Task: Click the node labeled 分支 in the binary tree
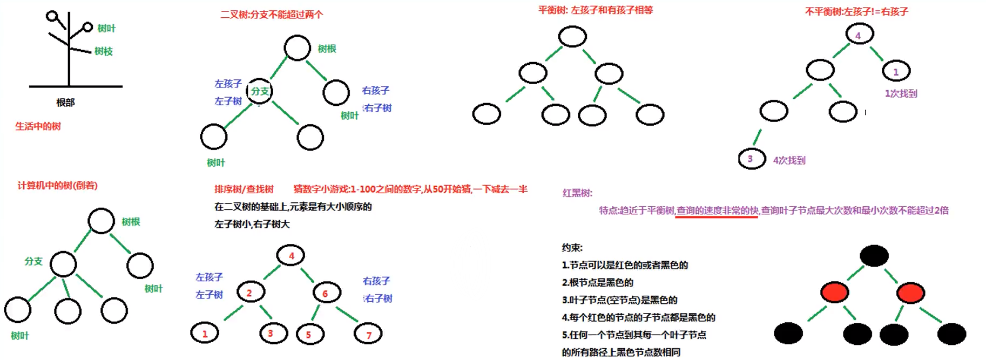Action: (x=260, y=91)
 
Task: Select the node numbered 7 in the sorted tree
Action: (x=368, y=334)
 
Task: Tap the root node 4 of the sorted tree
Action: (x=291, y=255)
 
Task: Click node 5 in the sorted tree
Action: (x=310, y=334)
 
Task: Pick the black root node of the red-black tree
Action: (x=874, y=255)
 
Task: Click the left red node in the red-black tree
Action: (x=834, y=293)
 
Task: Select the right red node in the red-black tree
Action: (x=910, y=293)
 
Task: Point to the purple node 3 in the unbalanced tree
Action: (x=751, y=159)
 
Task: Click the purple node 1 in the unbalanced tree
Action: (x=896, y=71)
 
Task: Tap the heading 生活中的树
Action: (x=38, y=126)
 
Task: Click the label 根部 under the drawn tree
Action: (x=65, y=103)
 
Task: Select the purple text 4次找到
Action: (x=789, y=160)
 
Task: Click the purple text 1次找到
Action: (x=901, y=93)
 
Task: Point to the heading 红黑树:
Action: (x=577, y=193)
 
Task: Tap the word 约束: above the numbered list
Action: (x=572, y=248)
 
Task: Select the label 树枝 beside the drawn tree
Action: (x=103, y=51)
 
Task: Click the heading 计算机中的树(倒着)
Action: (x=57, y=186)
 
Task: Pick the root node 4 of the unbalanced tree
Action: (x=859, y=35)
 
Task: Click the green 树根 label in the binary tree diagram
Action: (x=327, y=49)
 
